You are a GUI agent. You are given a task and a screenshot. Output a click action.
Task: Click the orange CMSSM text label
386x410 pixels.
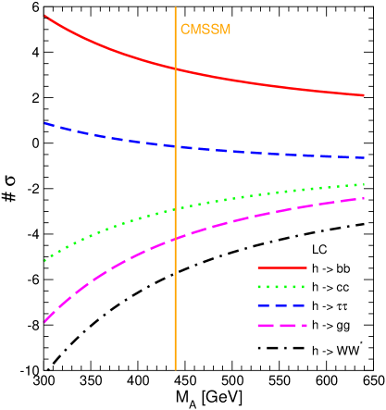coord(205,30)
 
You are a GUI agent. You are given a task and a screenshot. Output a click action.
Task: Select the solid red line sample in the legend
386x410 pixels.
coord(281,268)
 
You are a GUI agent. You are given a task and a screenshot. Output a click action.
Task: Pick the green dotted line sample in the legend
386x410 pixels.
coord(281,287)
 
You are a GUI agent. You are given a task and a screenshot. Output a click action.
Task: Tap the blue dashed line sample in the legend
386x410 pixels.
coord(281,305)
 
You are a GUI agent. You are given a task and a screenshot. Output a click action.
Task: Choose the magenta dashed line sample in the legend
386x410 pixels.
coord(281,325)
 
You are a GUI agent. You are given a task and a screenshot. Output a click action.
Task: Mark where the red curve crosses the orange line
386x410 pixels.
coord(175,68)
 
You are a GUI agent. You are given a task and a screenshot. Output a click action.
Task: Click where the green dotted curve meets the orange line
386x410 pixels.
coord(175,209)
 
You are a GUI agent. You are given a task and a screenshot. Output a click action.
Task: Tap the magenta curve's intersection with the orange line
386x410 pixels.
coord(175,239)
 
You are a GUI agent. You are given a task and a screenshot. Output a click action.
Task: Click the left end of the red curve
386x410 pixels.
coord(44,16)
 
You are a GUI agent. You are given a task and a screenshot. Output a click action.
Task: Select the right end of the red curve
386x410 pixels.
coord(364,94)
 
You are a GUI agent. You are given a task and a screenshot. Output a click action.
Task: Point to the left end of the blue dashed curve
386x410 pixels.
coord(44,122)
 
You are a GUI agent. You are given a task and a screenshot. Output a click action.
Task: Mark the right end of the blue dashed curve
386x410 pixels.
coord(364,157)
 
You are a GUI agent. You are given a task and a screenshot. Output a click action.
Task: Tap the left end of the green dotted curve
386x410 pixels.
coord(44,261)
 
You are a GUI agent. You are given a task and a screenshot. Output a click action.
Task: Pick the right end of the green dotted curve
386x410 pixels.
coord(364,184)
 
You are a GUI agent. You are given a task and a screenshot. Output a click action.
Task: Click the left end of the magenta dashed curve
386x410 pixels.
coord(44,321)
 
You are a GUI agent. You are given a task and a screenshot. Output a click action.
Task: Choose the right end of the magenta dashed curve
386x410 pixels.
coord(364,198)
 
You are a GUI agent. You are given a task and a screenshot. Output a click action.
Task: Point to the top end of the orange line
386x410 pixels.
coord(175,8)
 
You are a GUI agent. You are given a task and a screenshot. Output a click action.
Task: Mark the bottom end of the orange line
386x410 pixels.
coord(175,369)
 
